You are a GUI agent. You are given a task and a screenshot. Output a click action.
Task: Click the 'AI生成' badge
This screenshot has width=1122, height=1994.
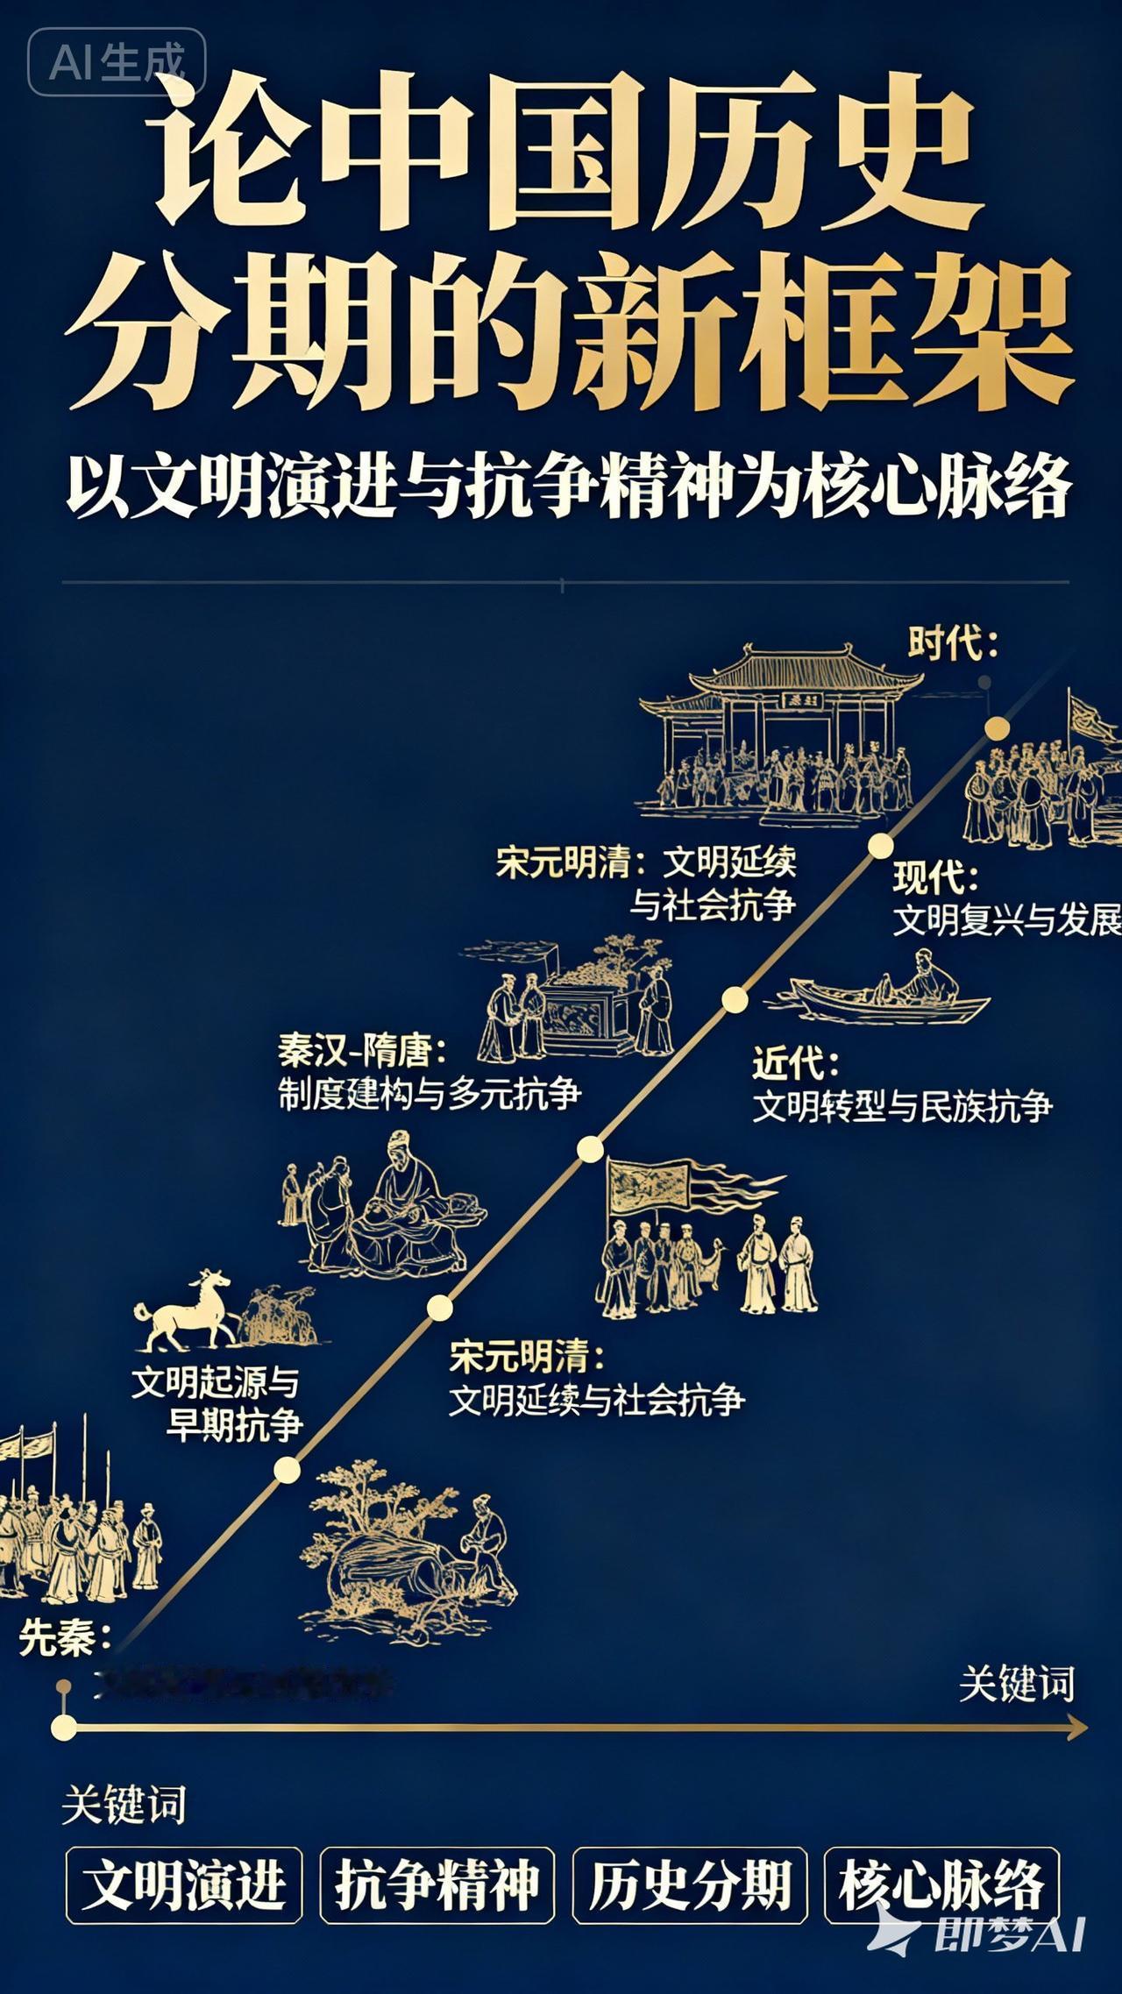coord(117,61)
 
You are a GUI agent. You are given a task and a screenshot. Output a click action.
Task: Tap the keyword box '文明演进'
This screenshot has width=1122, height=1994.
coord(184,1884)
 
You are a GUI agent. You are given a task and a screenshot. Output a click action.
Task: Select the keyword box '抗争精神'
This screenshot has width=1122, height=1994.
coord(437,1884)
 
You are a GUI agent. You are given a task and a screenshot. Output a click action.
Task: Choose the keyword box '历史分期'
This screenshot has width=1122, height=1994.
coord(689,1884)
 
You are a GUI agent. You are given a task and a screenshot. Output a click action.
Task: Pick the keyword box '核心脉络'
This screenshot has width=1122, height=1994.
coord(941,1884)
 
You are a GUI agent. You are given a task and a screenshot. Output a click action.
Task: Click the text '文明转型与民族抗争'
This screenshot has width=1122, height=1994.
coord(902,1107)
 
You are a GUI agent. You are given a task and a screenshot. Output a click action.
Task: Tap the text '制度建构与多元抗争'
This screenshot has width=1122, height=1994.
coord(430,1093)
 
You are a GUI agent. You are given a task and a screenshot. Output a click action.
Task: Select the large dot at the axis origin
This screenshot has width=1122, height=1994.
coord(63,1727)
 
